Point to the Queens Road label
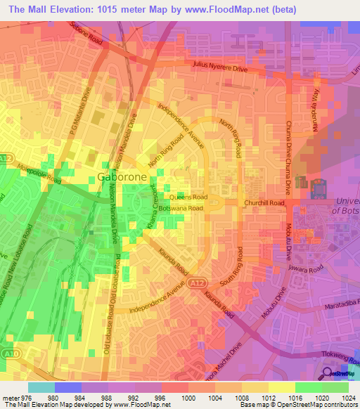click(188, 197)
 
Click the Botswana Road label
click(181, 209)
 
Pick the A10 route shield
click(7, 353)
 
